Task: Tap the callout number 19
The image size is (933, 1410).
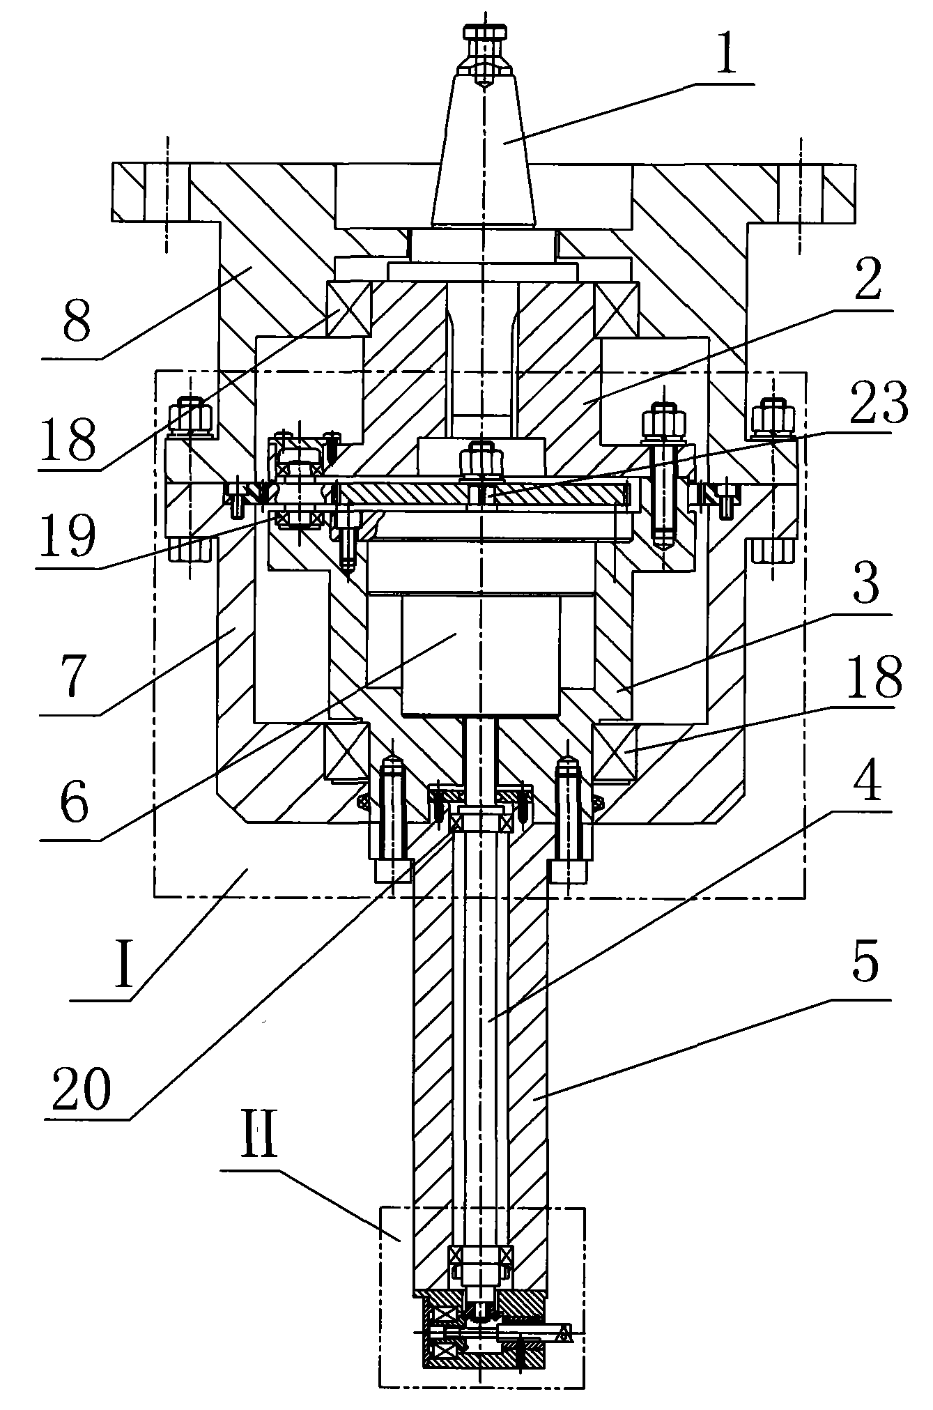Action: [x=66, y=533]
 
